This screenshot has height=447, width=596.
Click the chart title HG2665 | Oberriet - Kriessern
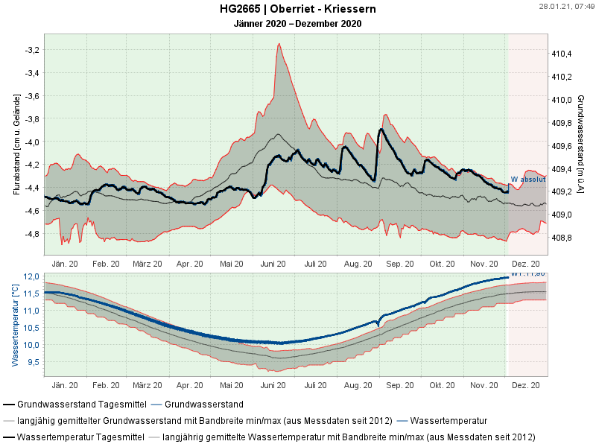tap(297, 9)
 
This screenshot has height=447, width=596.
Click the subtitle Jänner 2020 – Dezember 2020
tap(297, 23)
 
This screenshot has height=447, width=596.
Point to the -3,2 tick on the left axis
tap(32, 50)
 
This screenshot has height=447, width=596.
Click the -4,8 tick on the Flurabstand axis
tap(32, 233)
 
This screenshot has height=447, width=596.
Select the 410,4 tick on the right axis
tap(561, 54)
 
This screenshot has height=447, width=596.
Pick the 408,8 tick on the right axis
tap(561, 238)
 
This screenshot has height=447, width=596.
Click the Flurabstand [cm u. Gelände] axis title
tap(16, 143)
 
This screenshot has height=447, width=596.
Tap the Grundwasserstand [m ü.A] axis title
tap(580, 143)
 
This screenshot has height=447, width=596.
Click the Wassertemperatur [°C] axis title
tap(15, 325)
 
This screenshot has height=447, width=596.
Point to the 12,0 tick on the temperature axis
tap(31, 276)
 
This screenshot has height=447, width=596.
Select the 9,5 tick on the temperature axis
tap(32, 362)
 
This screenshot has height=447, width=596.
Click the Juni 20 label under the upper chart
tap(274, 263)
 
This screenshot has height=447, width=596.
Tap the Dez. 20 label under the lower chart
tap(526, 386)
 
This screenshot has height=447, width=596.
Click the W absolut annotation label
tap(528, 180)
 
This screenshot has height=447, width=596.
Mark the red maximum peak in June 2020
tap(279, 44)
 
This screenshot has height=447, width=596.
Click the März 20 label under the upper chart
tap(148, 263)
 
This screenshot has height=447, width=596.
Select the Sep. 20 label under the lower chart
tap(400, 386)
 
